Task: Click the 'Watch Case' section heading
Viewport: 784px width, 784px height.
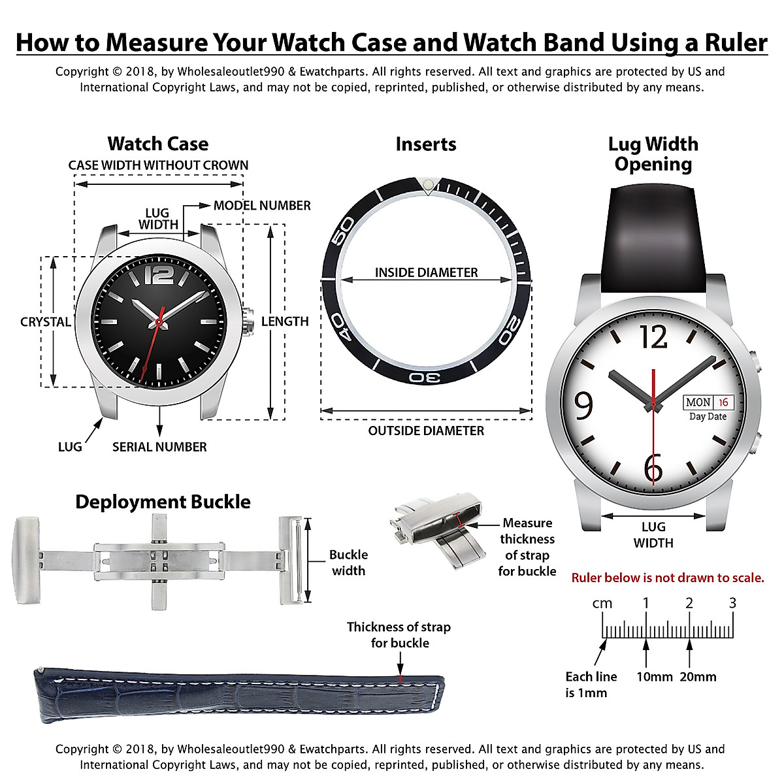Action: [157, 144]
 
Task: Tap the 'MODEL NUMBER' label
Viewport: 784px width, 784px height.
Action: [262, 205]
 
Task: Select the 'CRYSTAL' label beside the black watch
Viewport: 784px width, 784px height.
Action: [46, 321]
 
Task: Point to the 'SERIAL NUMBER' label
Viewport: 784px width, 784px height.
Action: [159, 447]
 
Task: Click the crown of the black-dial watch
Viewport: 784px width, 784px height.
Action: [248, 321]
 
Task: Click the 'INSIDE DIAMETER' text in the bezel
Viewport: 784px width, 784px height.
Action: [426, 272]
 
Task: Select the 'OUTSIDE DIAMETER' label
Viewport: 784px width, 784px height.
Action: [426, 431]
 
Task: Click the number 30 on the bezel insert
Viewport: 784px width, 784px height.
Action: [425, 378]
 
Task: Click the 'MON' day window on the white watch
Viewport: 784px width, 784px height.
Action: [698, 402]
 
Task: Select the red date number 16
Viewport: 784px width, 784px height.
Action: [723, 402]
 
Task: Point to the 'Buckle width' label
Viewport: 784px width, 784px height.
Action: [348, 563]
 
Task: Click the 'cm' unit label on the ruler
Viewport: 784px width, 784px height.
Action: [602, 603]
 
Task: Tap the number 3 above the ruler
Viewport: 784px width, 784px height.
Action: [732, 602]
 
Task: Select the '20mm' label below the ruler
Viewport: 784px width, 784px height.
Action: [698, 677]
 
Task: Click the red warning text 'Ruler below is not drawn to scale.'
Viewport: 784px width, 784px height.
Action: [667, 578]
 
